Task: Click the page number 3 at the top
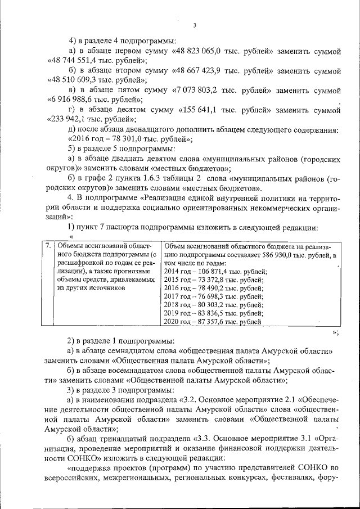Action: [x=194, y=25]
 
